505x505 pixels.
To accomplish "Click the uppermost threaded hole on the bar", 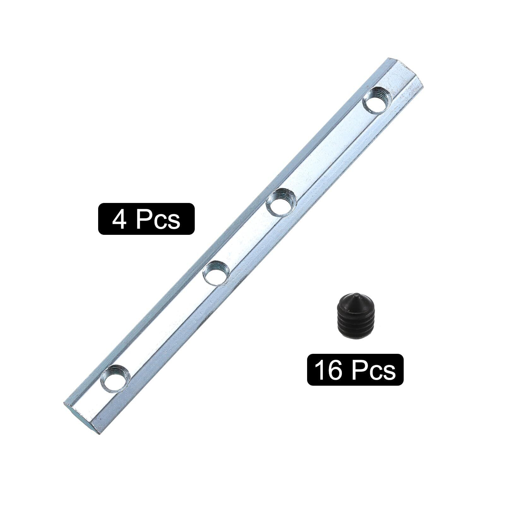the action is pos(377,99).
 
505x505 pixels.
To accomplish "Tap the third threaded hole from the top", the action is pos(216,272).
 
